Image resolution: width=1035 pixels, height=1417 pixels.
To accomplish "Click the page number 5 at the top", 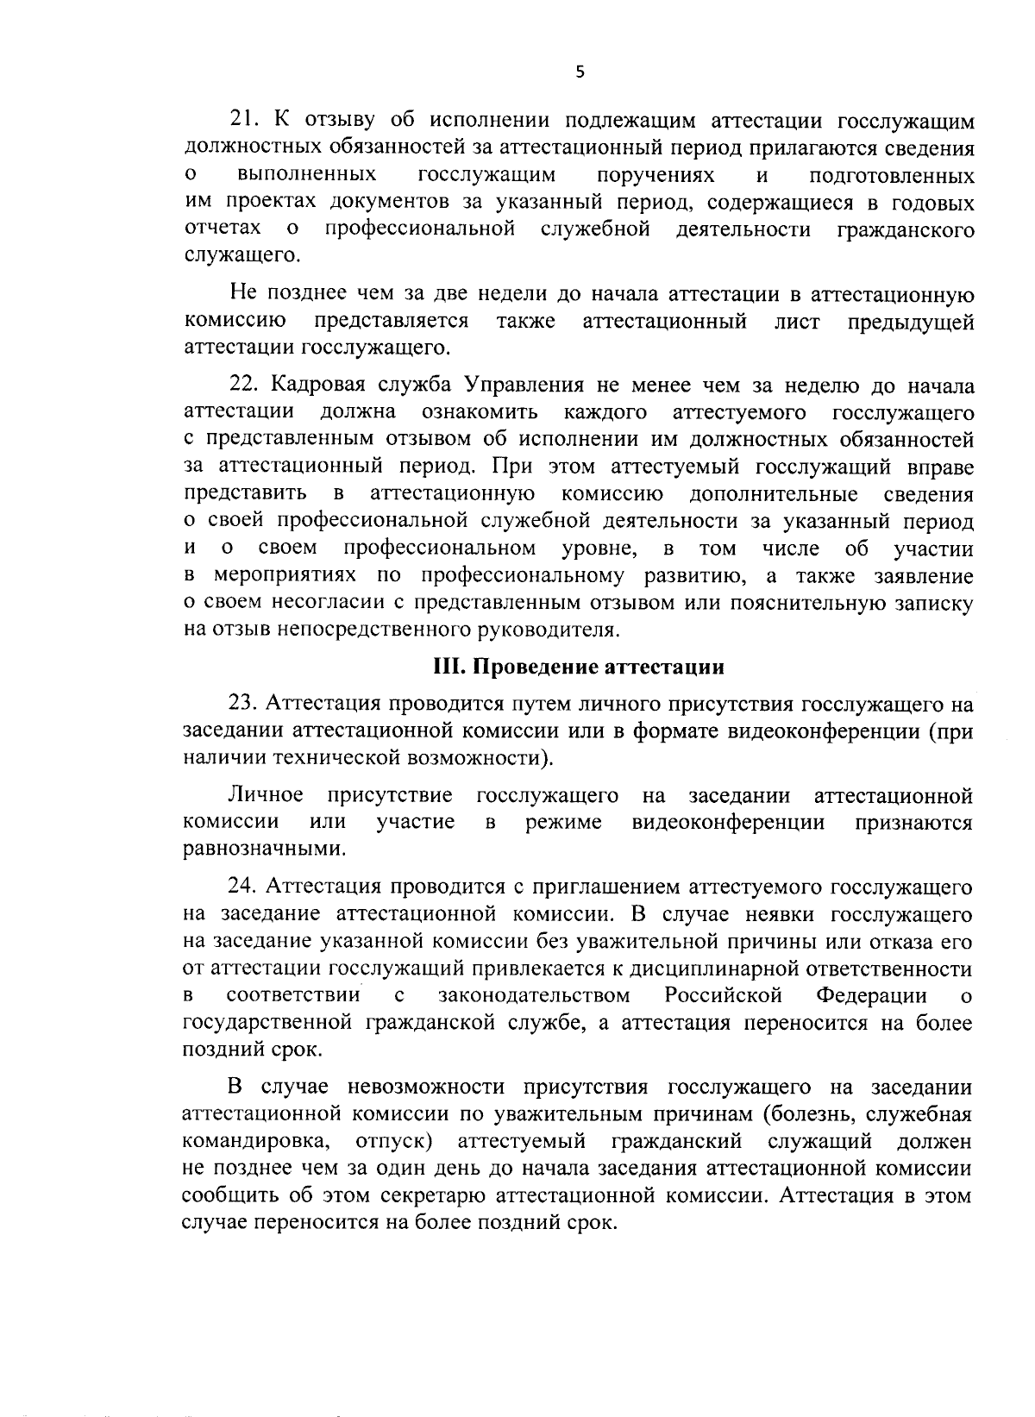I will click(x=580, y=73).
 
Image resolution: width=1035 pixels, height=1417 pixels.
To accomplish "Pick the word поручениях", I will click(x=656, y=176).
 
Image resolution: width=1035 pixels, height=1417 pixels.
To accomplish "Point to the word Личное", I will click(x=266, y=795).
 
